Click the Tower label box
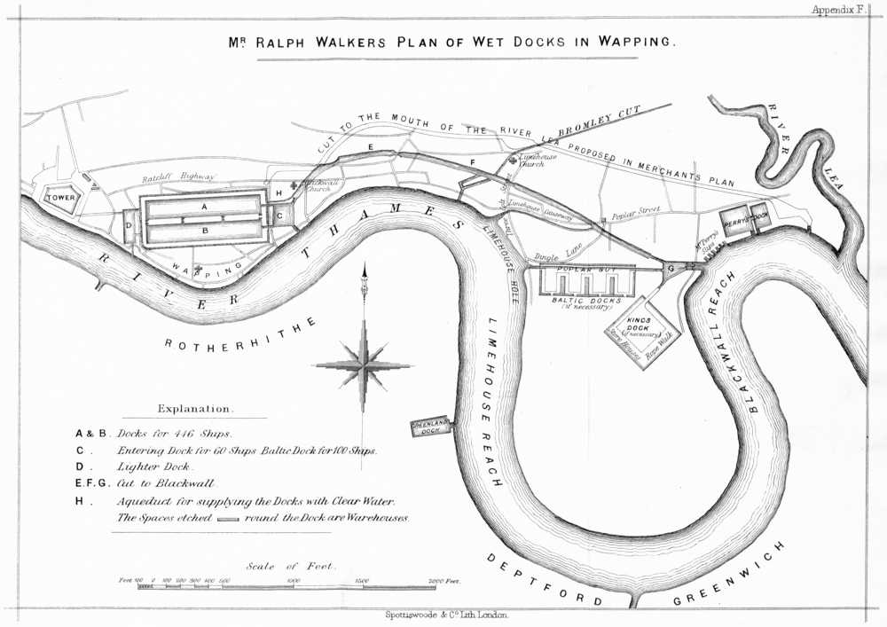click(x=61, y=197)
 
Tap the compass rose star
click(x=364, y=364)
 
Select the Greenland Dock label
click(x=431, y=427)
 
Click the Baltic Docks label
click(x=585, y=301)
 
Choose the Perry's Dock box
click(x=745, y=219)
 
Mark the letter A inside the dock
click(x=205, y=205)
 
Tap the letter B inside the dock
click(x=205, y=231)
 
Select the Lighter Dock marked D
click(x=129, y=225)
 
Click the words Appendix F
click(x=837, y=10)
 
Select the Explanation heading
click(x=195, y=409)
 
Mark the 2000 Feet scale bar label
click(x=444, y=580)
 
